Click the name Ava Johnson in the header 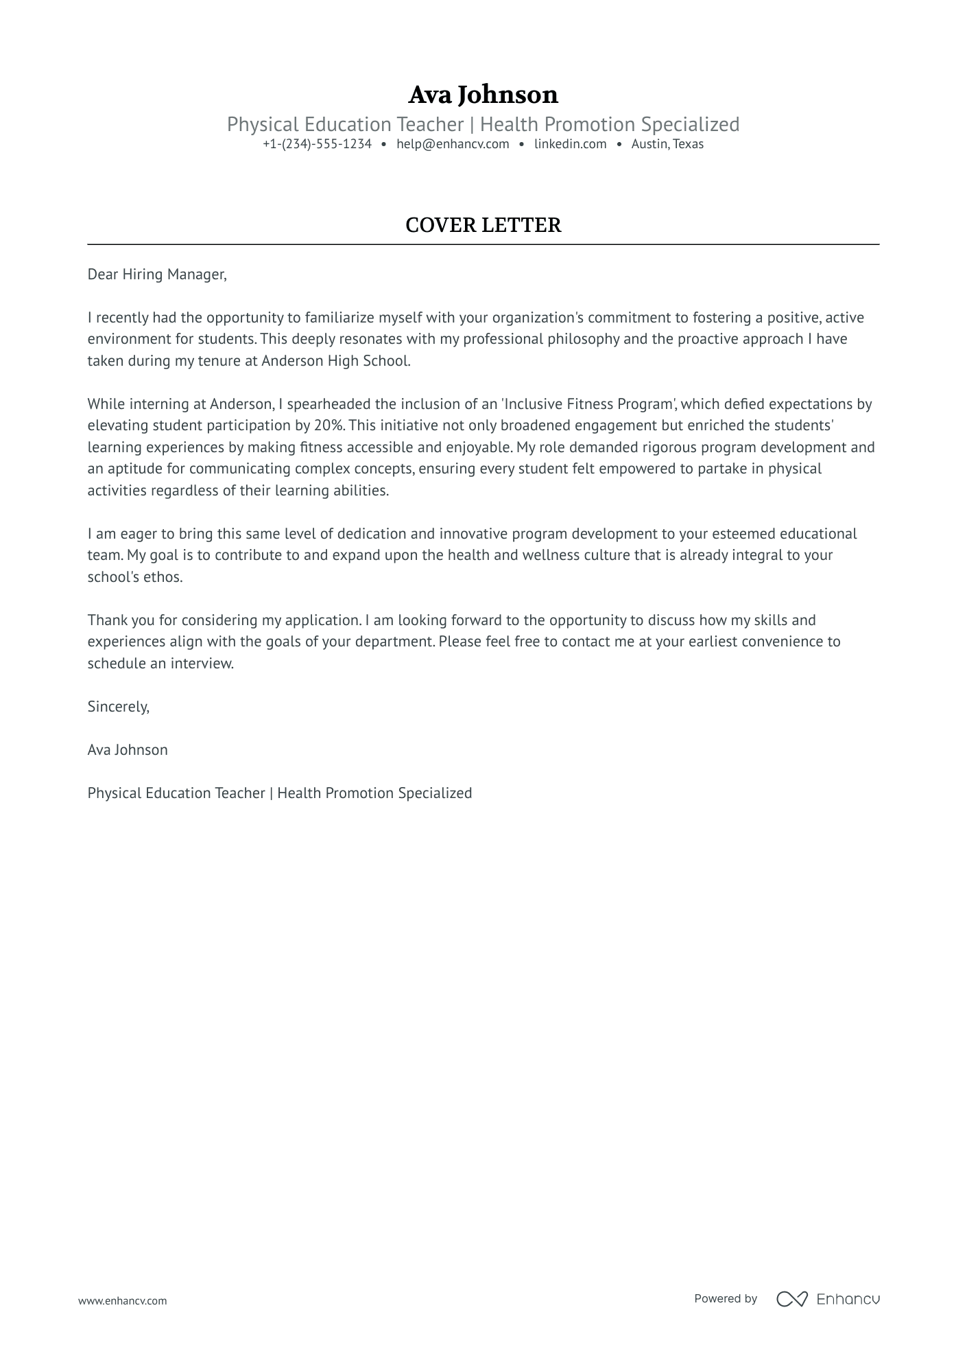483,94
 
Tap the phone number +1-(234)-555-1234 317,144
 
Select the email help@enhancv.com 453,144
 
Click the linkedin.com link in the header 570,144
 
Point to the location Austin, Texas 667,144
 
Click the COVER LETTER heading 483,225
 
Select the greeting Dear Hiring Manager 156,274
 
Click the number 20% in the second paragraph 328,425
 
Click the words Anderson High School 335,361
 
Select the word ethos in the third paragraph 163,577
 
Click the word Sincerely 118,707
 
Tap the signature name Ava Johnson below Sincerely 128,750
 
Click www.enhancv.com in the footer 122,1300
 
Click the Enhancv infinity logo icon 791,1299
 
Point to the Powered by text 725,1298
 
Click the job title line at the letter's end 279,793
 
